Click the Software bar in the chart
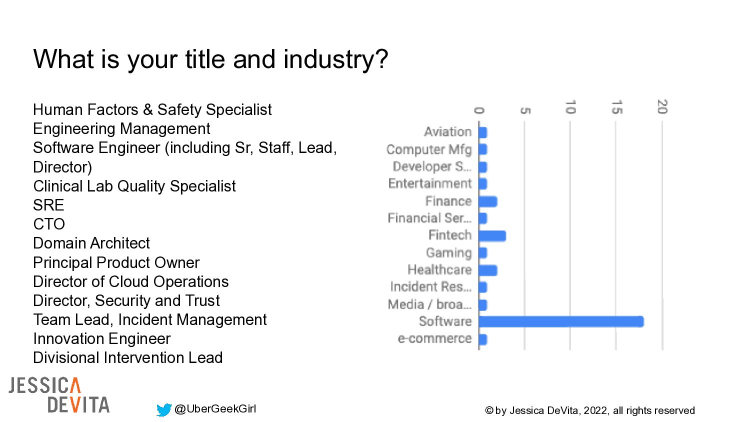(x=561, y=321)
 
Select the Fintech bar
(x=492, y=235)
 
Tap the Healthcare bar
(x=487, y=270)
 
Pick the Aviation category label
(x=447, y=132)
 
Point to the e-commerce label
(x=434, y=339)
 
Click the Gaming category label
(x=448, y=253)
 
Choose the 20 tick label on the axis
(x=662, y=107)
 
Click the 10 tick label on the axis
(x=570, y=107)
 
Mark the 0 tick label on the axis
(x=478, y=110)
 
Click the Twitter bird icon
(x=163, y=410)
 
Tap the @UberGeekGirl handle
(x=215, y=409)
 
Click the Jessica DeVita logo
(x=59, y=395)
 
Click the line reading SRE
(x=48, y=205)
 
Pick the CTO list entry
(x=49, y=224)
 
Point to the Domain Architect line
(x=91, y=243)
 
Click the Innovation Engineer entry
(x=102, y=338)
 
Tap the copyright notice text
(x=589, y=410)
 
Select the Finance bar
(x=487, y=201)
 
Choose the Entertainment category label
(x=430, y=183)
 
